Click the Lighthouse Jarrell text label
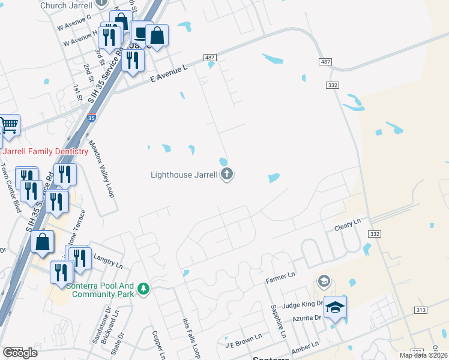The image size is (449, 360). tap(184, 175)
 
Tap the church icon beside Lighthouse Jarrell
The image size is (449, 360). tap(226, 175)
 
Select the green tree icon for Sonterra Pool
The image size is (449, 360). tap(143, 290)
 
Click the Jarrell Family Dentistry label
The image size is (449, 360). tap(46, 151)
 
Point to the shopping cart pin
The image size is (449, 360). tap(10, 126)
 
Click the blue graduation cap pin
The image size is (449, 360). tap(336, 307)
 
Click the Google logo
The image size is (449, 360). tap(20, 353)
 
